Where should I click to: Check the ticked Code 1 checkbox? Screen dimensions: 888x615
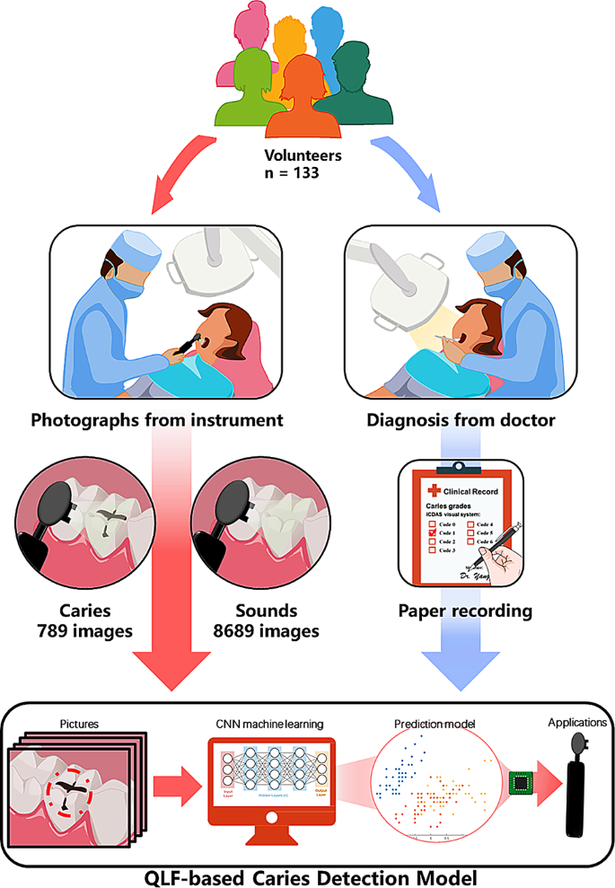pos(432,532)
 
